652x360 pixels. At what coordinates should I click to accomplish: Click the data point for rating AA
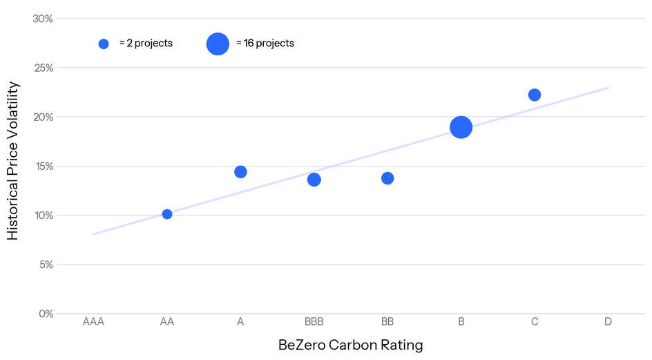167,214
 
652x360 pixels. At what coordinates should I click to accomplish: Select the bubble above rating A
240,171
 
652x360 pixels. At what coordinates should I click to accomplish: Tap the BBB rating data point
314,180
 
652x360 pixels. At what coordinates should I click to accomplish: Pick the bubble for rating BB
387,178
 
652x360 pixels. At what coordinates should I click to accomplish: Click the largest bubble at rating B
461,127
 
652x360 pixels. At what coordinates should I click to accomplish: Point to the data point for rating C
535,95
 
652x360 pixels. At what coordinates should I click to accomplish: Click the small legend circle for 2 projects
104,44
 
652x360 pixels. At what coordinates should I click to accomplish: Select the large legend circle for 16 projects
218,44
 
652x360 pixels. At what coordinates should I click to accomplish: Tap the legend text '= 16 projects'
265,44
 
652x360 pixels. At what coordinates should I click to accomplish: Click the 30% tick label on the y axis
43,19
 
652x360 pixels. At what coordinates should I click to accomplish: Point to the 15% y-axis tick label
43,166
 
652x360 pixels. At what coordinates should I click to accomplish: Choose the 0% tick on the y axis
46,314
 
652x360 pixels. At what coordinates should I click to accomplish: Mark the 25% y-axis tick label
43,68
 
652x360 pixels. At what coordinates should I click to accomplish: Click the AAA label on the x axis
93,322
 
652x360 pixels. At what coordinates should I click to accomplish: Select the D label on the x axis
608,322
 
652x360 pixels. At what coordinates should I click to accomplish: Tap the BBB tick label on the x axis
314,322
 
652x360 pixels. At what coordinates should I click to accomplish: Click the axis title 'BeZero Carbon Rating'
350,345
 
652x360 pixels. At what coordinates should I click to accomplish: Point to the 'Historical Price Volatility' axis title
13,161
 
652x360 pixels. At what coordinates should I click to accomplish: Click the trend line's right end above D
607,88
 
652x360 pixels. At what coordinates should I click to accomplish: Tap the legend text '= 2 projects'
146,44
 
